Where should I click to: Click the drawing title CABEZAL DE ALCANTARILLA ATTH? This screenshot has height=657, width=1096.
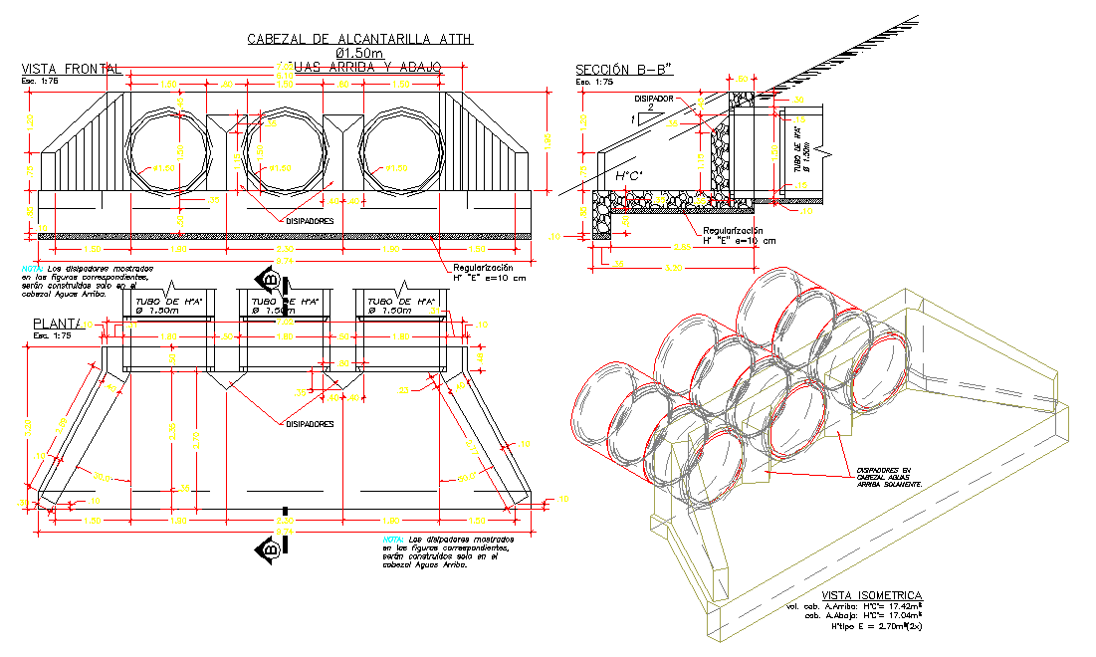coord(360,39)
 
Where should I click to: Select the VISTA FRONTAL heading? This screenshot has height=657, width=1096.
coord(72,69)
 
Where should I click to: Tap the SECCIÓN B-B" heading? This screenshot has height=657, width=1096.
coord(624,69)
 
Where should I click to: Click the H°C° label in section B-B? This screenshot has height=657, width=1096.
coord(629,177)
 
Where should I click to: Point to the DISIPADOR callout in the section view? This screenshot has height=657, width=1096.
coord(654,100)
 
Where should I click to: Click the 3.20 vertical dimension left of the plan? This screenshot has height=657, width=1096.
coord(28,428)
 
